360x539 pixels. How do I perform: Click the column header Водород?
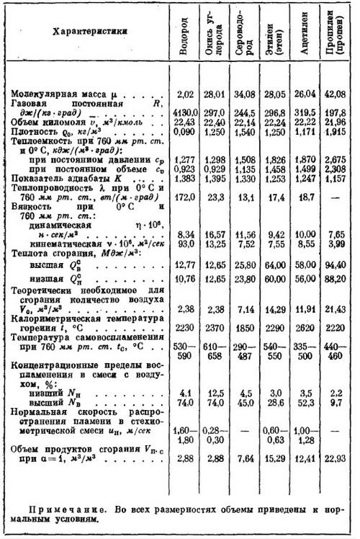pos(186,45)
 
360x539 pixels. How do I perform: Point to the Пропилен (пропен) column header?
pos(335,45)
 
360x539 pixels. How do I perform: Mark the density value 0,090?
pos(186,134)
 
